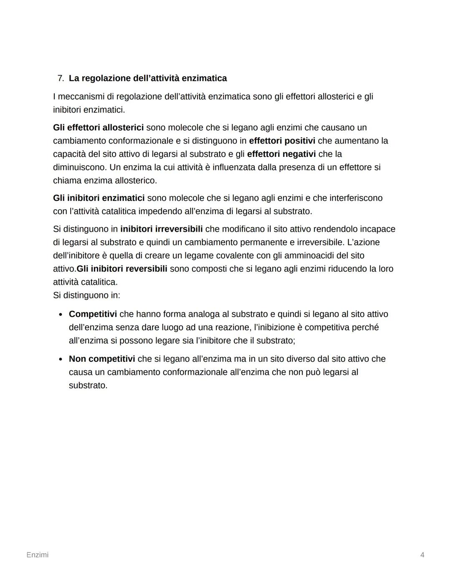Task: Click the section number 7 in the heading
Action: (x=60, y=78)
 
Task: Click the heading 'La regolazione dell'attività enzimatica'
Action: (x=148, y=78)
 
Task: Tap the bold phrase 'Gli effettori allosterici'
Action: (x=98, y=127)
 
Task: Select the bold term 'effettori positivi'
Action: (x=282, y=141)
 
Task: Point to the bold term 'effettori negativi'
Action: (x=281, y=154)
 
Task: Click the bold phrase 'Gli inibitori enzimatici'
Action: (x=99, y=198)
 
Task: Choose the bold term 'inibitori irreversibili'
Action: (x=161, y=229)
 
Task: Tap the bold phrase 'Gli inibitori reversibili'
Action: (x=122, y=269)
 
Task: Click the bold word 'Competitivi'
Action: (x=93, y=314)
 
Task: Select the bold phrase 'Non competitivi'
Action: (x=102, y=359)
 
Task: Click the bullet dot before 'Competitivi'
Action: (x=61, y=314)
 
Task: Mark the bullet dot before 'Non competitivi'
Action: (x=61, y=359)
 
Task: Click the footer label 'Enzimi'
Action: (x=37, y=555)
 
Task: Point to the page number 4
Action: (x=422, y=555)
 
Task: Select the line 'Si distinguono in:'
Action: (x=86, y=295)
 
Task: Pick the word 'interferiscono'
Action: (x=356, y=198)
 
